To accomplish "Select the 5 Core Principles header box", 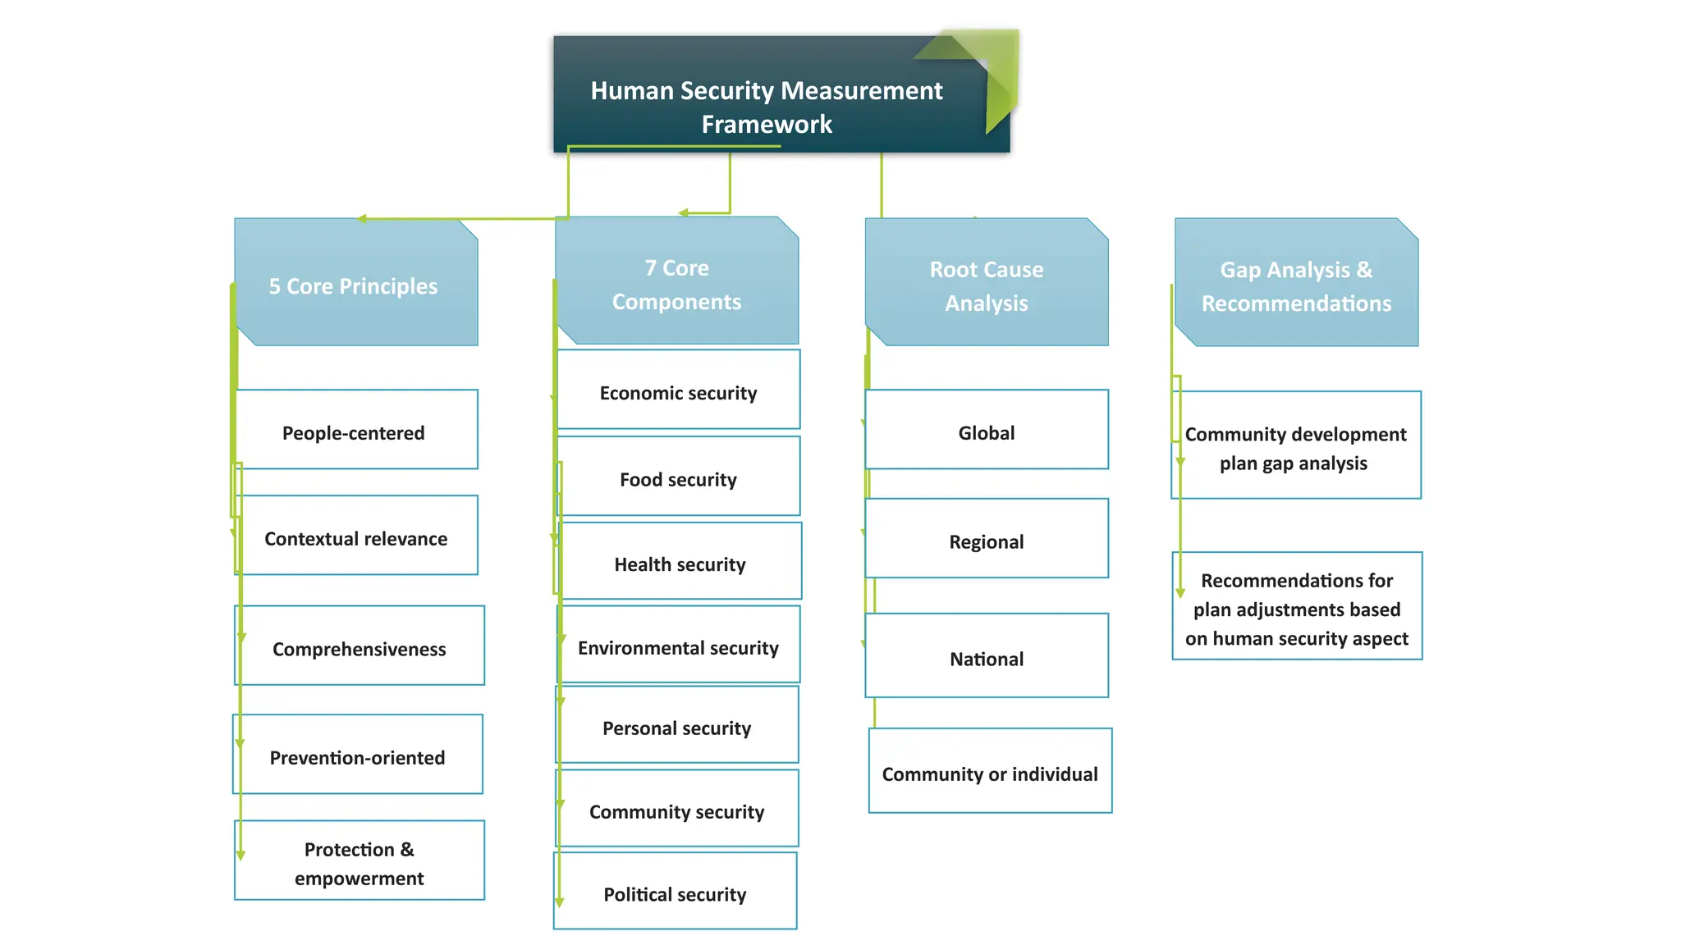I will pos(355,283).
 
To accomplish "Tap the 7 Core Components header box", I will pos(676,283).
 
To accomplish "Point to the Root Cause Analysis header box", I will pos(987,284).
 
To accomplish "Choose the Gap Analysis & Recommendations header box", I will pos(1296,284).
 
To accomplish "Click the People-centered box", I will pos(355,431).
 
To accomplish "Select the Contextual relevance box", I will pos(355,536).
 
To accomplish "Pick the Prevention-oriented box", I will pos(357,756).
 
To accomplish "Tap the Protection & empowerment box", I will pos(359,861).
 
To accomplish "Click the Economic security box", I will pos(678,390).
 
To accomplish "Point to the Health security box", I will pos(680,563).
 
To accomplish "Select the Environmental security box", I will pos(678,646).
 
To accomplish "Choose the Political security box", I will pos(675,892).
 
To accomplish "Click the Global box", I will pos(987,431).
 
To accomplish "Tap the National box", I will pos(987,657).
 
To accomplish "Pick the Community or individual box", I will pos(990,772).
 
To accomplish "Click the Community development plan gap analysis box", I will pos(1296,446).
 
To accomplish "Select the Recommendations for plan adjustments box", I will pos(1297,607).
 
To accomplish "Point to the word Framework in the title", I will pos(767,125).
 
